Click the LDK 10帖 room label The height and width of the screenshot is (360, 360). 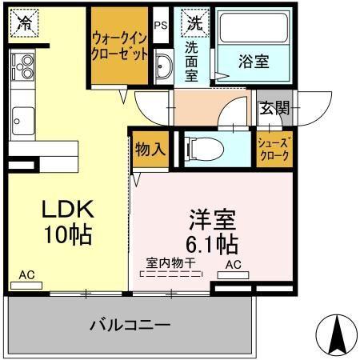[68, 222]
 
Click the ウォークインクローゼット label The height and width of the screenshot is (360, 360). [119, 47]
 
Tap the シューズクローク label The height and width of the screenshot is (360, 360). [274, 150]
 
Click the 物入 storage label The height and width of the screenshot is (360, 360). [150, 149]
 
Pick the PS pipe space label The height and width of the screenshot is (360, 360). [161, 25]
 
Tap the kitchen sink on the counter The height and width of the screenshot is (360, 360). [21, 121]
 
